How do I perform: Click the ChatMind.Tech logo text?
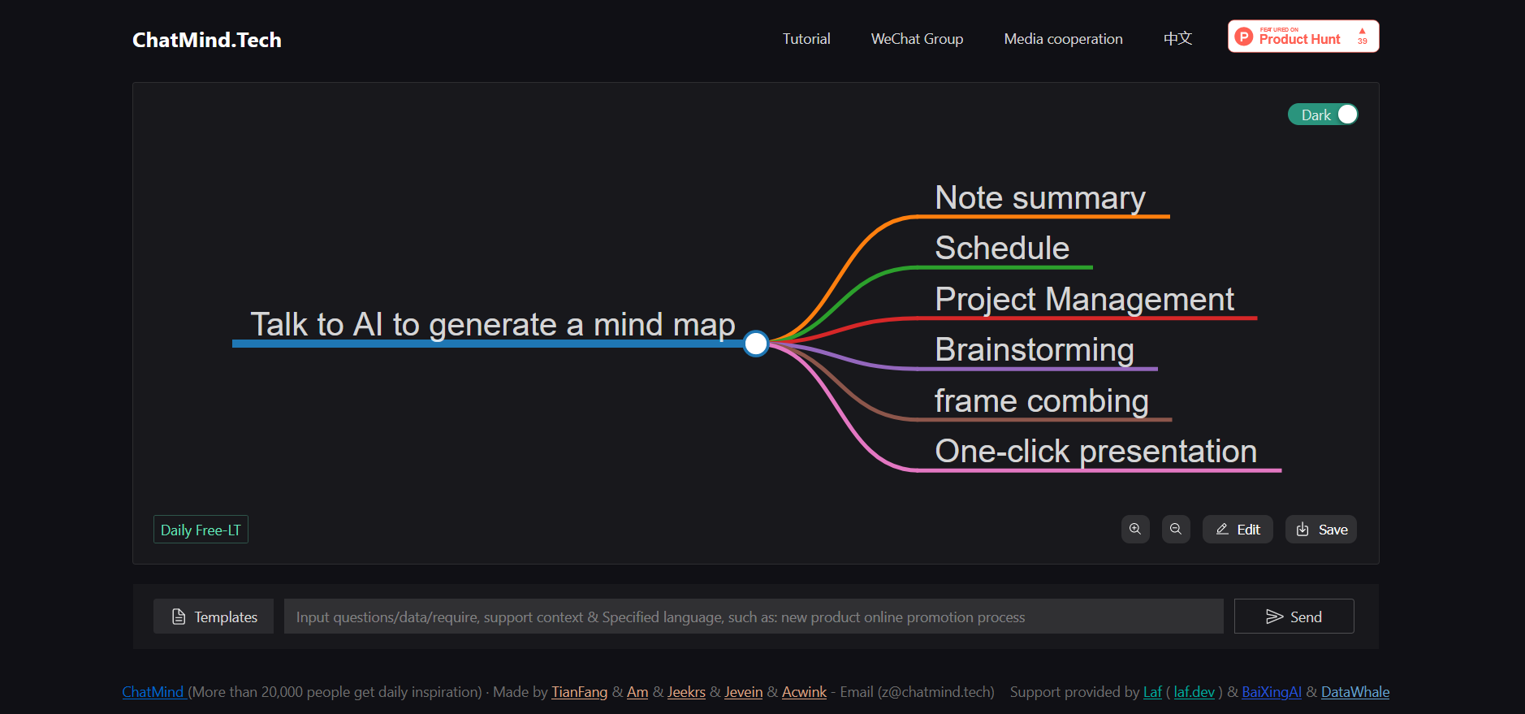pos(207,40)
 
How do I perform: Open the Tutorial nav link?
pos(806,39)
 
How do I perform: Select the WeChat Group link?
pos(917,39)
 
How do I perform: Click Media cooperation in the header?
pos(1063,39)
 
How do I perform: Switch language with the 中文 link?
pos(1177,39)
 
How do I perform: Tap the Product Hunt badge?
pos(1303,37)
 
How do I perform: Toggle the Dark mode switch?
pos(1323,115)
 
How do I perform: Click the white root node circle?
pos(756,344)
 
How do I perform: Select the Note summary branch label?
pos(1040,198)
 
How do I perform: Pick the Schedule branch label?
pos(1002,249)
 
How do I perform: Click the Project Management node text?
pos(1084,300)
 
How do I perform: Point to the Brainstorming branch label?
pos(1035,350)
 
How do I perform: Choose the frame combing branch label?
pos(1042,401)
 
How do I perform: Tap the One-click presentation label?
pos(1096,452)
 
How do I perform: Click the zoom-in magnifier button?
pos(1135,530)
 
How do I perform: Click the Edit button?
pos(1238,530)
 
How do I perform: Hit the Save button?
pos(1321,530)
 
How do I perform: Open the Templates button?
pos(214,617)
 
